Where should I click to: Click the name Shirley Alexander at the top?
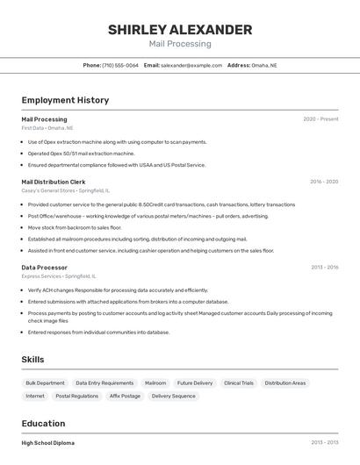[180, 30]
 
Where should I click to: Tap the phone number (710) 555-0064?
[120, 65]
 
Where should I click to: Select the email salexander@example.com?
[191, 65]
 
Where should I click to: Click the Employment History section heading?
[65, 100]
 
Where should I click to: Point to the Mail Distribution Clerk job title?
[54, 182]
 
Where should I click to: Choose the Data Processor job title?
[45, 267]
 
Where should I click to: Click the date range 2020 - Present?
[320, 119]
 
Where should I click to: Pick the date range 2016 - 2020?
[324, 182]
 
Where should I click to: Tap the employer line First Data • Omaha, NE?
[47, 128]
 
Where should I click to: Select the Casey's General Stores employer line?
[66, 190]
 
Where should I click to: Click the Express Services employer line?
[59, 275]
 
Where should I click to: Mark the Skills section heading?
[33, 359]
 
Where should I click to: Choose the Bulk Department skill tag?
[45, 383]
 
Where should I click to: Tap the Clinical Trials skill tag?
[238, 383]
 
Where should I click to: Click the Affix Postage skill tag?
[125, 396]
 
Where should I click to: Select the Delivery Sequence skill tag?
[174, 396]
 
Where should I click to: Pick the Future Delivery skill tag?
[195, 383]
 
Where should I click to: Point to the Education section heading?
[44, 424]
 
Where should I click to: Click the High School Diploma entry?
[48, 443]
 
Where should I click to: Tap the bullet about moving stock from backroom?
[74, 227]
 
